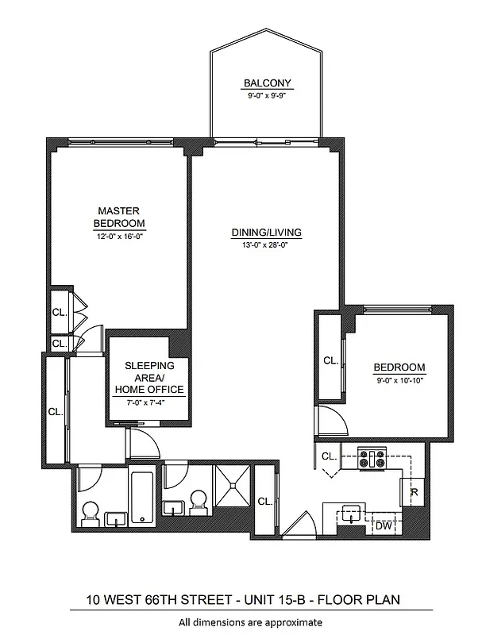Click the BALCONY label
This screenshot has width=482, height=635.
coord(267,83)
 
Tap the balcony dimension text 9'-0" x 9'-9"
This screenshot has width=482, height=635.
coord(267,95)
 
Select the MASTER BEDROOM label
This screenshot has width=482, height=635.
coord(119,217)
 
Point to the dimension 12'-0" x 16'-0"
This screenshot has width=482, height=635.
coord(119,236)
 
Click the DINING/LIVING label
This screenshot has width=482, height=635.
coord(267,233)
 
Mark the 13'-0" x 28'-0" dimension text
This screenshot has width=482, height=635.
coord(267,245)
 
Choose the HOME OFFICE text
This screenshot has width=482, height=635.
coord(149,390)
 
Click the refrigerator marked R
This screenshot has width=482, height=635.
coord(415,492)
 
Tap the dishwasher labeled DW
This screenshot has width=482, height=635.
coord(383,525)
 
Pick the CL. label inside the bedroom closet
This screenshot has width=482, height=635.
coord(330,360)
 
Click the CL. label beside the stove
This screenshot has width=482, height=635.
coord(330,456)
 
